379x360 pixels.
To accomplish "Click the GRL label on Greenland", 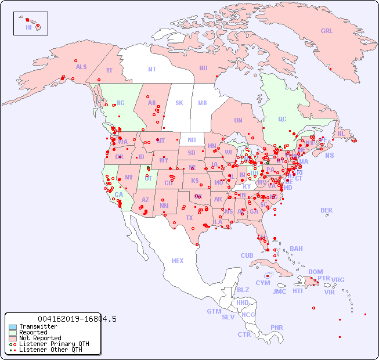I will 327,31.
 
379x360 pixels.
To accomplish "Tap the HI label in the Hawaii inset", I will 28,27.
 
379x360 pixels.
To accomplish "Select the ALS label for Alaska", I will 81,67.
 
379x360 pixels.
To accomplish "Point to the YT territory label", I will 109,70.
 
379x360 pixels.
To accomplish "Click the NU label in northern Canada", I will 203,68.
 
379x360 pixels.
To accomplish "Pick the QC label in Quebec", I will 282,119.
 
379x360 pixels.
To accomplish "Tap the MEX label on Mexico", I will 177,261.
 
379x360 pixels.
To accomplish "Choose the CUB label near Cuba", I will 247,255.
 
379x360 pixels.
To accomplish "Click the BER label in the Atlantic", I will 326,210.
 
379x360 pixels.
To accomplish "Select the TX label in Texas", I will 189,218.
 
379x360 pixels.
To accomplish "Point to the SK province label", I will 179,103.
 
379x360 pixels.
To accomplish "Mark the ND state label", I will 192,140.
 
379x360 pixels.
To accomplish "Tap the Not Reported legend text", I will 40,338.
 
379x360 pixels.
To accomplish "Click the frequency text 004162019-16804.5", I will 77,319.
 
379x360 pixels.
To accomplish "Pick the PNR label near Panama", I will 277,327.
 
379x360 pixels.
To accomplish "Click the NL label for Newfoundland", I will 341,134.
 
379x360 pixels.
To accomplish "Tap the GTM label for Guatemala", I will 214,311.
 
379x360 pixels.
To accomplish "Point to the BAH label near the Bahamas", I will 296,249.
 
